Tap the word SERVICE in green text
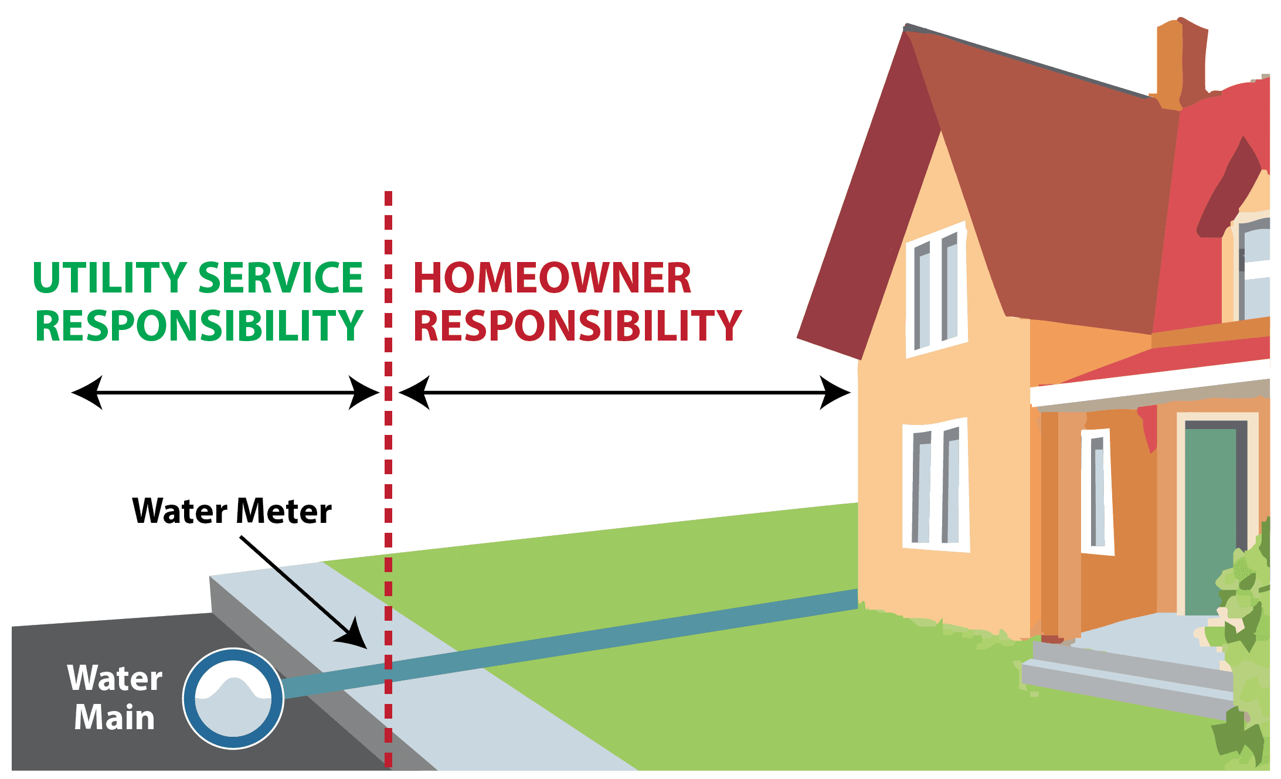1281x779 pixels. click(x=281, y=278)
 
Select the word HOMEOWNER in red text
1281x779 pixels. click(x=552, y=278)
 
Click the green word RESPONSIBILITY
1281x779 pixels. click(x=199, y=326)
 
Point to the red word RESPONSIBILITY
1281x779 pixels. click(x=577, y=326)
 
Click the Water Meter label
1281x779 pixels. click(x=232, y=511)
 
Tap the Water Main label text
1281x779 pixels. click(x=114, y=698)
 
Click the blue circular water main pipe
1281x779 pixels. click(x=233, y=698)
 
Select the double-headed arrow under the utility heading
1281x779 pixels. click(x=225, y=392)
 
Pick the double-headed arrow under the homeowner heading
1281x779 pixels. click(x=624, y=392)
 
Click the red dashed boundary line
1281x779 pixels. click(x=388, y=469)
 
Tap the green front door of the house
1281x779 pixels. click(x=1210, y=519)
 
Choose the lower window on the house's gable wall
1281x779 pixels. click(x=936, y=485)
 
